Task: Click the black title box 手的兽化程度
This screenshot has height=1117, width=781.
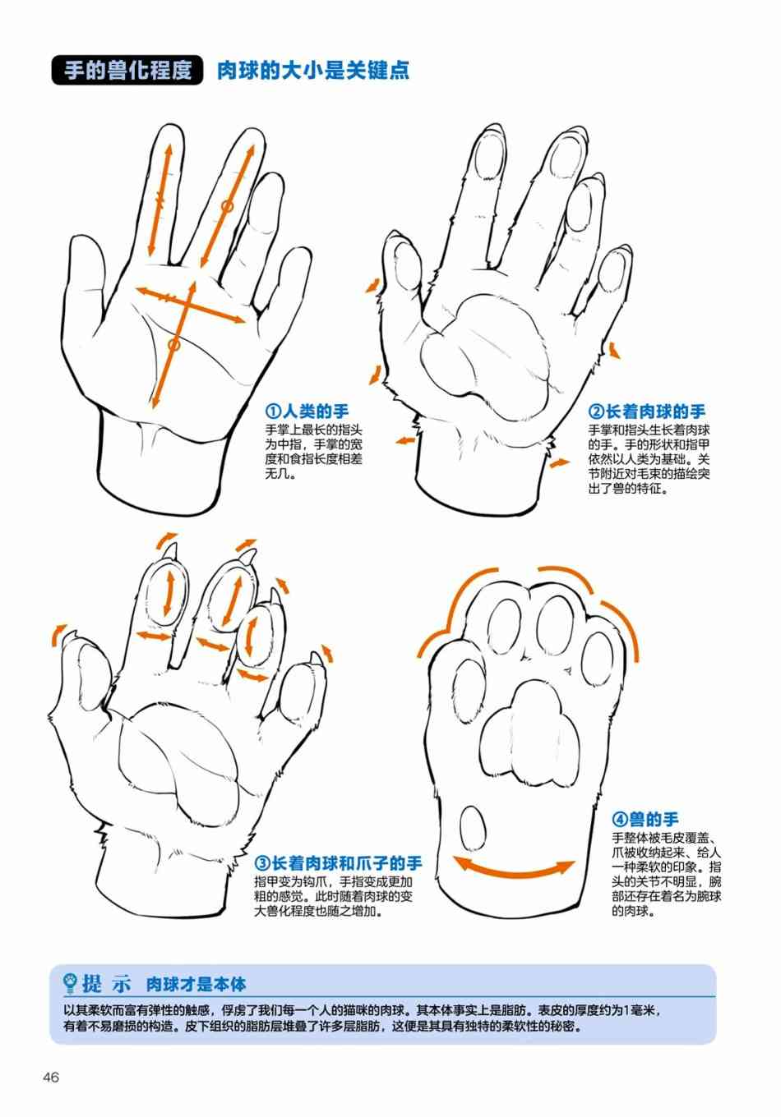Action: (127, 70)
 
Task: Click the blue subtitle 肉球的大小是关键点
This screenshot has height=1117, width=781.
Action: (313, 71)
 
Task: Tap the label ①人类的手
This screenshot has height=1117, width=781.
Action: (307, 411)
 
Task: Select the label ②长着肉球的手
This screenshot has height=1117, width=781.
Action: (646, 411)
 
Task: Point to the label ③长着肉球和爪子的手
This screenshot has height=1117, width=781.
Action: (339, 862)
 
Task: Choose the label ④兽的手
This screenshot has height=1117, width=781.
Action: (645, 819)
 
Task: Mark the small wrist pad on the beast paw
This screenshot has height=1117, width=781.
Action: (472, 829)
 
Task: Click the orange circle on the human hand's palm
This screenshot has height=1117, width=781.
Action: (173, 344)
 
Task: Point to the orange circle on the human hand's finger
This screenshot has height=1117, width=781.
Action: (227, 205)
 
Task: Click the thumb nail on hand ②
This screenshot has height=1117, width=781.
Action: (405, 260)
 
